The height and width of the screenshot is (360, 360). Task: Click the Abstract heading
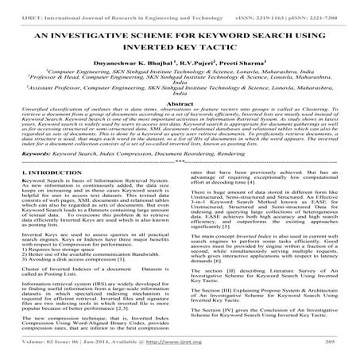click(x=180, y=127)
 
